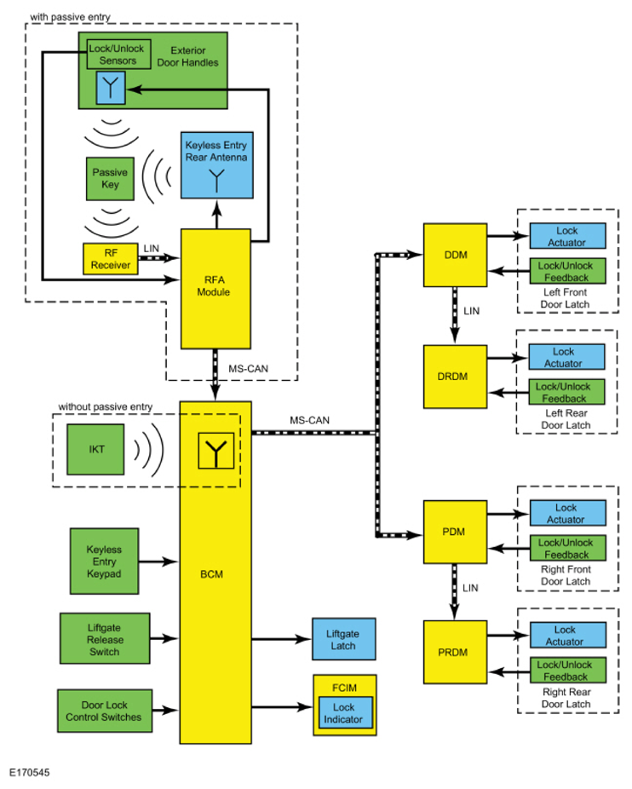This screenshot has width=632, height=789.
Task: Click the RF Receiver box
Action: click(110, 259)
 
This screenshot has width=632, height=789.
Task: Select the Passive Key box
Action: click(110, 178)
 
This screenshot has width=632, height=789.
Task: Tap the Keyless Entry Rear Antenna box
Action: click(216, 165)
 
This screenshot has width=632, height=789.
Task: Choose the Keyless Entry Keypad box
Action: click(104, 562)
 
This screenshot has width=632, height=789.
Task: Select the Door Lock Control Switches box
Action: click(104, 711)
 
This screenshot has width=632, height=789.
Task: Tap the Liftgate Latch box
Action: click(344, 640)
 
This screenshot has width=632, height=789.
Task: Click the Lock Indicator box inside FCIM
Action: click(345, 713)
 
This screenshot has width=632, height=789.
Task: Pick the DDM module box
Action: click(455, 255)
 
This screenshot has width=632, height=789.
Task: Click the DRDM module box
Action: click(455, 376)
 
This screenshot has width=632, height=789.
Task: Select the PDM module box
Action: click(455, 533)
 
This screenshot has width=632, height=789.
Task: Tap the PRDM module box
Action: click(455, 653)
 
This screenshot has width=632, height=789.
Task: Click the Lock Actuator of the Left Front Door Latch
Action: click(566, 236)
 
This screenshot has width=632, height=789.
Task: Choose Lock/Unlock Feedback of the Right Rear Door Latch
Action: click(566, 671)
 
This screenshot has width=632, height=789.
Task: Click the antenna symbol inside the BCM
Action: click(215, 451)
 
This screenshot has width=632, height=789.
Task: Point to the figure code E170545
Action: click(30, 774)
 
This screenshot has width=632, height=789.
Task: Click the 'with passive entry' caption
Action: click(70, 16)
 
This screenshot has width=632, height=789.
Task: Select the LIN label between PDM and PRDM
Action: click(470, 588)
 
